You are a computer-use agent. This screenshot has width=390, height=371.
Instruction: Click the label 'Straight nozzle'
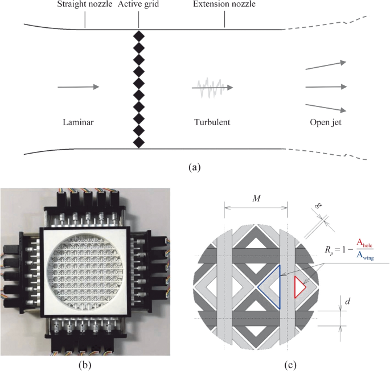[x=84, y=6]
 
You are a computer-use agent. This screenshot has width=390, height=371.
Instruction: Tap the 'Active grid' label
[x=138, y=6]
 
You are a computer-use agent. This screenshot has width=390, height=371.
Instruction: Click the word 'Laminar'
[x=77, y=122]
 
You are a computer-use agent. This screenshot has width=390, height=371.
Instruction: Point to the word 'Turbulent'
[x=212, y=122]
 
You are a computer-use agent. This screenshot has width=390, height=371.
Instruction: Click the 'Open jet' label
[x=326, y=122]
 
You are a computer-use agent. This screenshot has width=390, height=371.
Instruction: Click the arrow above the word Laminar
[x=78, y=87]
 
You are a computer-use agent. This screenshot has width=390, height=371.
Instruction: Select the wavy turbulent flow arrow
[x=212, y=88]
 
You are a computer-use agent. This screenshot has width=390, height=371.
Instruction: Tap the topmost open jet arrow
[x=326, y=65]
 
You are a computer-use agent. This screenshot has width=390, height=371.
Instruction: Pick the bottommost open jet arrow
[x=326, y=109]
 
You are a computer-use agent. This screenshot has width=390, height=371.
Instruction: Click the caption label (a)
[x=195, y=167]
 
